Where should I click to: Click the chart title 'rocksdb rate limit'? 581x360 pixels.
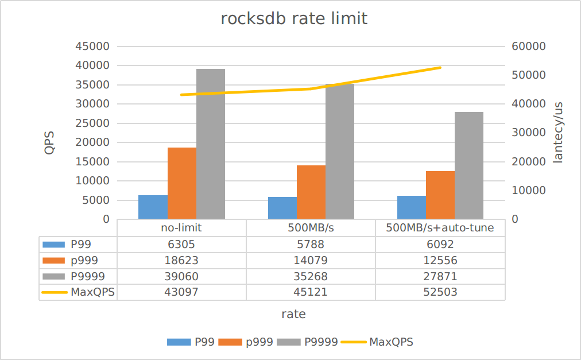coord(294,18)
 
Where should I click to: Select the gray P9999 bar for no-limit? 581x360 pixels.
coord(211,144)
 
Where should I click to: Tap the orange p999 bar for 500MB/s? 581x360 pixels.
coord(311,192)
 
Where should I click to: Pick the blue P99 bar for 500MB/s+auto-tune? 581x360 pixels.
coord(412,207)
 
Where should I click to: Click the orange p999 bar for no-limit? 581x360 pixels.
coord(182,183)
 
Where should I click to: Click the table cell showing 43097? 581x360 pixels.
coord(181,292)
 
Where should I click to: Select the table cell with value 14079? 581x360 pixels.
coord(311,260)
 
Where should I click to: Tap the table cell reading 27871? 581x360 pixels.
coord(440,276)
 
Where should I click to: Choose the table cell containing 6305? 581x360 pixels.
coord(181,244)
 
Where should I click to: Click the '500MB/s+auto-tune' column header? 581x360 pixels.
coord(440,228)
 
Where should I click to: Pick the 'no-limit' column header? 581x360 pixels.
coord(181,228)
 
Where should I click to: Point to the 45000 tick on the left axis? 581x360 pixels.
coord(92,47)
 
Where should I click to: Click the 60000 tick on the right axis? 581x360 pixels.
coord(528,47)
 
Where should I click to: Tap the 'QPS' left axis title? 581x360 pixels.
coord(49,142)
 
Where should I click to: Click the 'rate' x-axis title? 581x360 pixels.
coord(293,314)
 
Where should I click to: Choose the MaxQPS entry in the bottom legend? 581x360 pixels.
coord(390,342)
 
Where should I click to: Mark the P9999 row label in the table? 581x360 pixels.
coord(87,276)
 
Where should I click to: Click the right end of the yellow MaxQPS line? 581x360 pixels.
coord(440,68)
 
